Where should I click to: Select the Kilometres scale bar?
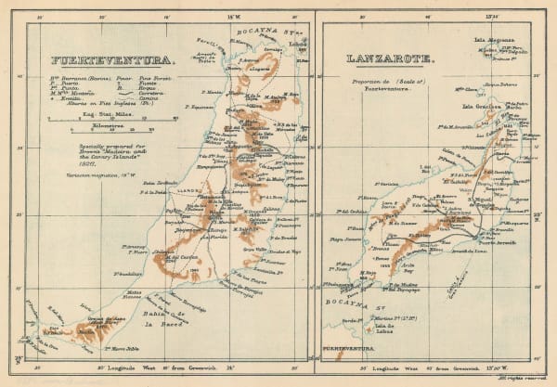102,123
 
